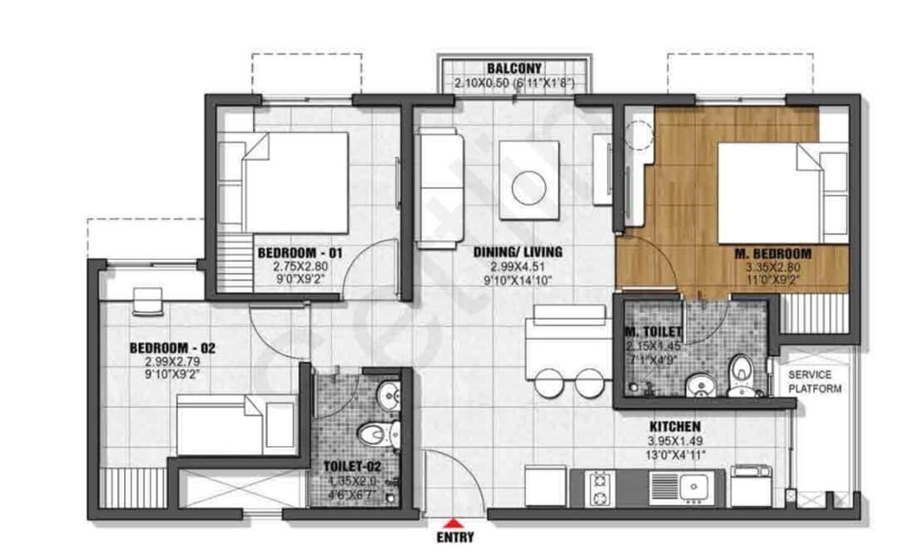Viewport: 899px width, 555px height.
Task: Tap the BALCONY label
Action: [514, 68]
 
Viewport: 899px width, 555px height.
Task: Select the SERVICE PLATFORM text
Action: [814, 382]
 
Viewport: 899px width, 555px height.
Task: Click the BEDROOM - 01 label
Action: [300, 252]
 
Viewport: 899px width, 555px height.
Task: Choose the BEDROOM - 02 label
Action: [172, 348]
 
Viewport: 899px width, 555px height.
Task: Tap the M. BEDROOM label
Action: [772, 252]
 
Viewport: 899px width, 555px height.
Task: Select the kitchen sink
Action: [693, 486]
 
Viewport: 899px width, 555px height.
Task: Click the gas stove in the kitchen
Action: [599, 488]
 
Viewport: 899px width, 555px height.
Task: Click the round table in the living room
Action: [528, 187]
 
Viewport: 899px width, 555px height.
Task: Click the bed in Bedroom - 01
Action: [296, 183]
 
